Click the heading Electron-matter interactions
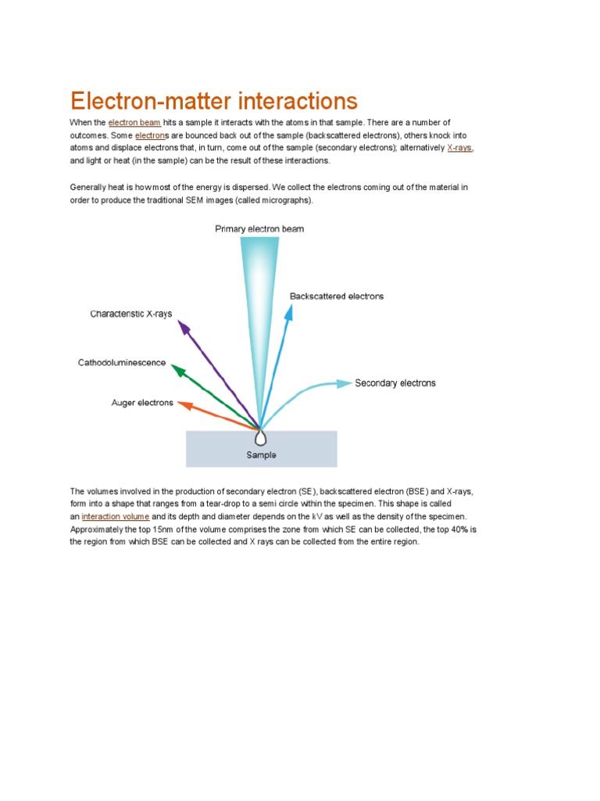point(213,101)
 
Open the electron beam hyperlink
point(134,123)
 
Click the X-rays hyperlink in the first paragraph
point(459,148)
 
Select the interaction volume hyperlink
point(115,517)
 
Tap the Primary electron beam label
point(259,229)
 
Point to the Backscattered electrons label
point(336,296)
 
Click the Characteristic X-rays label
point(131,314)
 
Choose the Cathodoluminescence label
point(121,363)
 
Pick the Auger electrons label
point(142,403)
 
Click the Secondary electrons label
point(395,383)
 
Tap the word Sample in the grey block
point(261,455)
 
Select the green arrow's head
point(177,369)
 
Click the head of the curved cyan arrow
point(345,383)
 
